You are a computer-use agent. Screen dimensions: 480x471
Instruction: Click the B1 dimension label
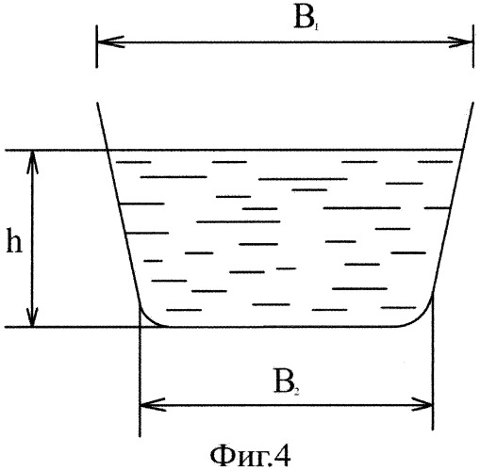(x=306, y=20)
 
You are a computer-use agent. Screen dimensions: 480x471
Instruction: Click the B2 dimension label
(x=287, y=382)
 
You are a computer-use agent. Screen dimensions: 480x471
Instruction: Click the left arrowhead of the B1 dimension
(x=110, y=41)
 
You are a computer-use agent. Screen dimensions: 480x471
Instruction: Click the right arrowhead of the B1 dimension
(x=460, y=41)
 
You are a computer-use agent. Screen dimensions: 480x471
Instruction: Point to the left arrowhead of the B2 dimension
(x=152, y=404)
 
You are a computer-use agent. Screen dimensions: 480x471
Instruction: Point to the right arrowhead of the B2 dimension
(x=422, y=404)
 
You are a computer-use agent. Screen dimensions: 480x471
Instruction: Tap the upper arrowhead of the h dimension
(x=32, y=162)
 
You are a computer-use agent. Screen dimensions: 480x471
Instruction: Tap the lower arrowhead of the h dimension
(x=32, y=317)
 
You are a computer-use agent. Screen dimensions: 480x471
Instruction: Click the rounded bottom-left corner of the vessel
(x=148, y=318)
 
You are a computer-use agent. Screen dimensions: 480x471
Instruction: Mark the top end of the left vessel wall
(x=97, y=103)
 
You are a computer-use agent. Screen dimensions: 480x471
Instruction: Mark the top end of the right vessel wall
(x=473, y=103)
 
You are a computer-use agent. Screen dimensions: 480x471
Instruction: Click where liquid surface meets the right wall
(x=463, y=150)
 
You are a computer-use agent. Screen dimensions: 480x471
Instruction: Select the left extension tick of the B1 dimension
(x=97, y=46)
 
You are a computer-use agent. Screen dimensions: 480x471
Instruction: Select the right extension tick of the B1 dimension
(x=473, y=46)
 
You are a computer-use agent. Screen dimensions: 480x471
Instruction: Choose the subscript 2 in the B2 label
(x=297, y=392)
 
